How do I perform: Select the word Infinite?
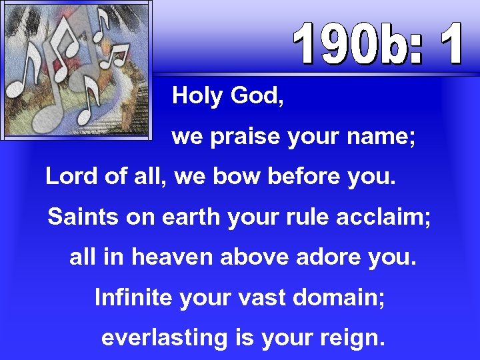point(133,297)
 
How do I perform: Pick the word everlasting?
point(164,338)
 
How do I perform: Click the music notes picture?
point(76,69)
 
